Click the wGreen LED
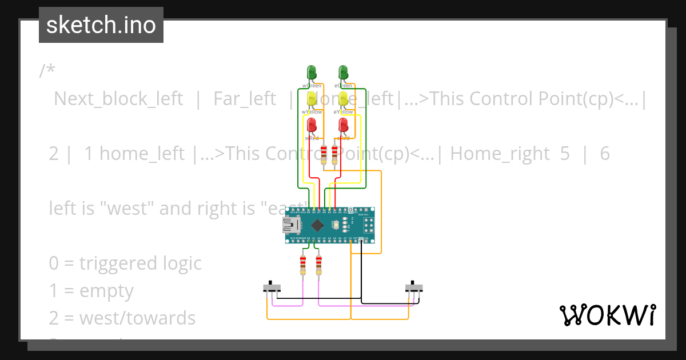(x=312, y=73)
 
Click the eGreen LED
(x=343, y=73)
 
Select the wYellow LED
(x=312, y=98)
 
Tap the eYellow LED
(x=343, y=98)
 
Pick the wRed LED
(x=312, y=125)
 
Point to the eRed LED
(x=343, y=125)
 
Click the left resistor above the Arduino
(x=325, y=154)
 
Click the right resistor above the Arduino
(x=334, y=154)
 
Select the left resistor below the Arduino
(x=303, y=265)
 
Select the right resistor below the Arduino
(x=318, y=265)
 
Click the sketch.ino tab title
(x=101, y=25)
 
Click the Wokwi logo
(x=607, y=315)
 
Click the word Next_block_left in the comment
(x=118, y=99)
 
